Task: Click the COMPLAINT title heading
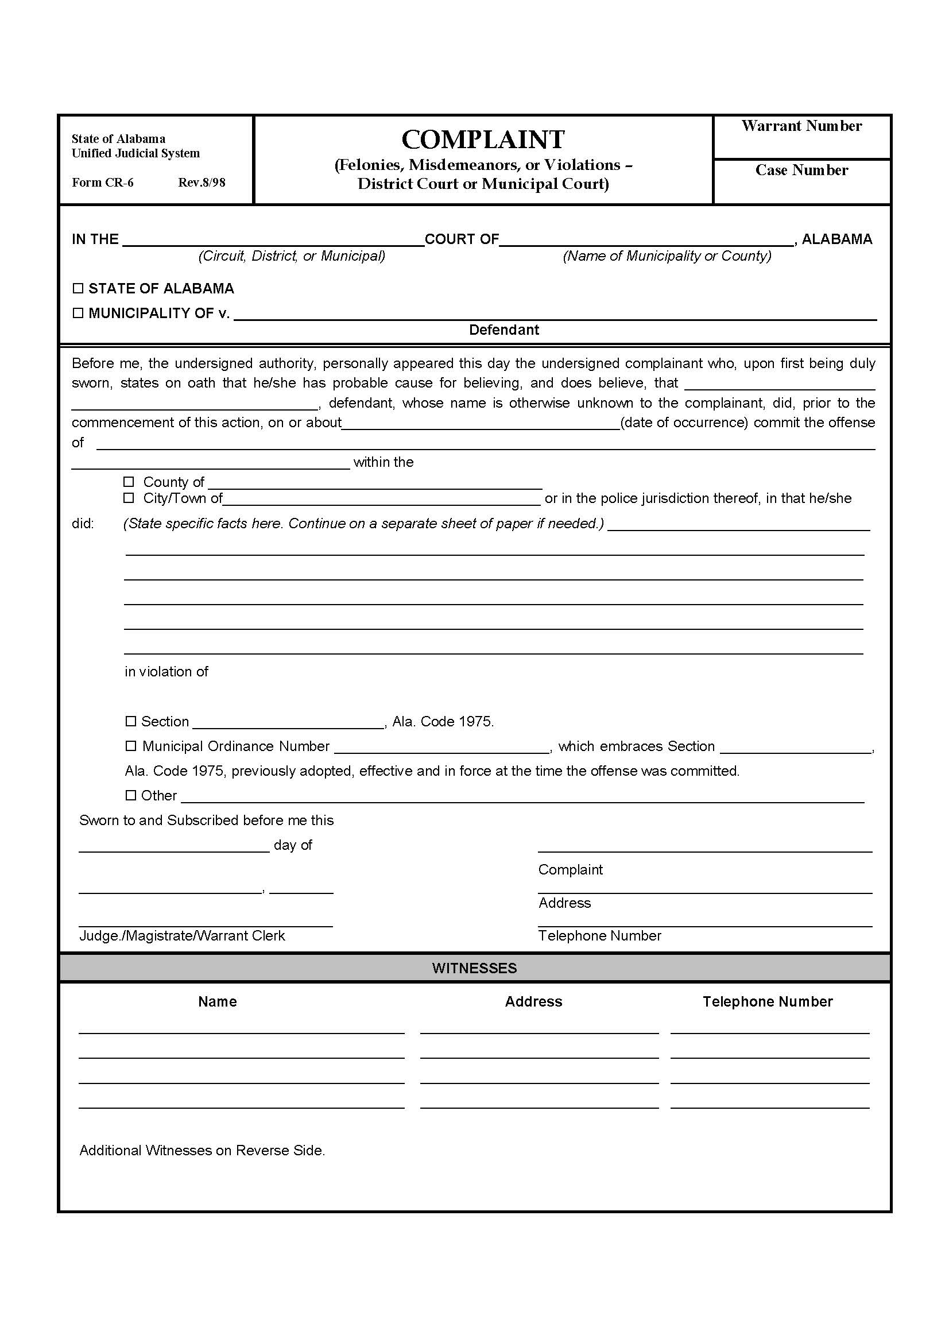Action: (x=483, y=140)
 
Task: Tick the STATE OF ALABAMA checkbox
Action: (x=78, y=288)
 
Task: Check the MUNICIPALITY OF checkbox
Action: (x=78, y=313)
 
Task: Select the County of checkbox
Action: (x=129, y=481)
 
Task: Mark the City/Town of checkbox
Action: (x=129, y=498)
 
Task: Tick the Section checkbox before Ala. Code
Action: (x=131, y=721)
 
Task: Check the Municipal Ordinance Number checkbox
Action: (x=131, y=746)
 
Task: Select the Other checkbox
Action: (x=131, y=795)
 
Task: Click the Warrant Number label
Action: (x=801, y=126)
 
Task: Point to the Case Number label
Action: (x=801, y=170)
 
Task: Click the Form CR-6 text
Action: (x=102, y=183)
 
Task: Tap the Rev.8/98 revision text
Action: (x=202, y=183)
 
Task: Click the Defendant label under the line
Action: (x=503, y=330)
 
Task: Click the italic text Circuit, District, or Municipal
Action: (x=291, y=256)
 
